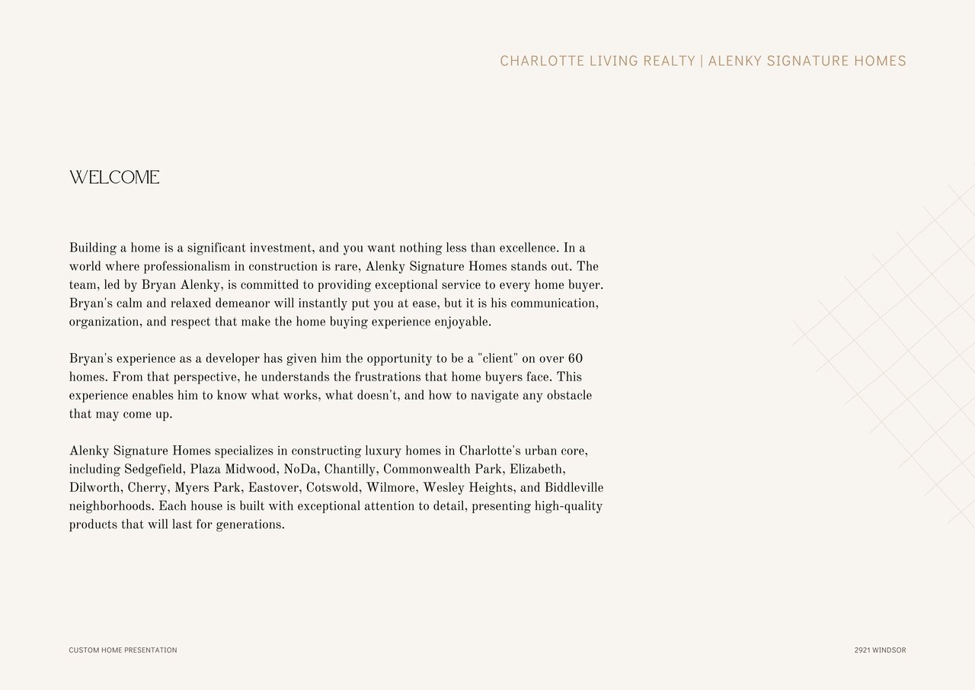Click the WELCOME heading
pos(114,178)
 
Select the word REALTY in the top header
pos(669,61)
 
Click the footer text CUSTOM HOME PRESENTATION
pos(123,650)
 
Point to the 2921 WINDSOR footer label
pos(880,650)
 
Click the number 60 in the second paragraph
pos(575,358)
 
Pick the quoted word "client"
pos(497,358)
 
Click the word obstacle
pos(567,396)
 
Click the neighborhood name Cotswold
pos(333,488)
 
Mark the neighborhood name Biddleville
pos(574,488)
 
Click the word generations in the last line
pos(250,525)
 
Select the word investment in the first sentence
pos(281,248)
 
